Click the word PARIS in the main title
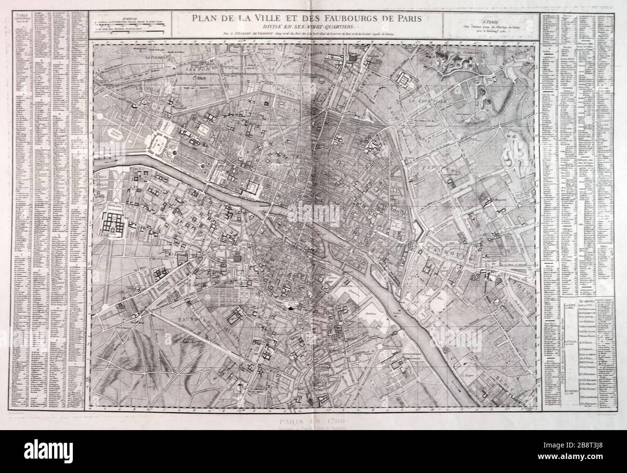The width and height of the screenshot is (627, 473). click(x=408, y=19)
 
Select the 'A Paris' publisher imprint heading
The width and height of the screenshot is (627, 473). click(x=490, y=19)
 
